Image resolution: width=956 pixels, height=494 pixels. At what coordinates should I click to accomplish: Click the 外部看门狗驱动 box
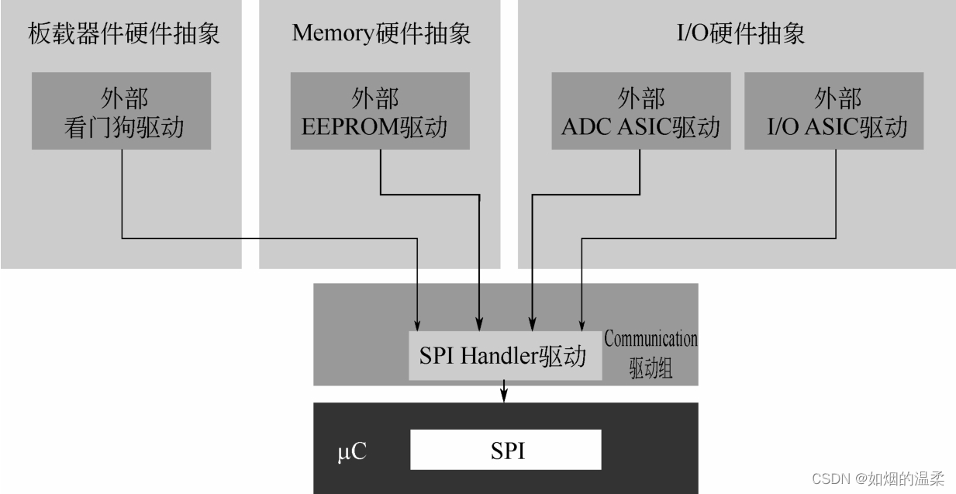coord(122,111)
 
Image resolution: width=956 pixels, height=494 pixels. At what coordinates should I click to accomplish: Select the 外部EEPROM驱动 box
coord(380,111)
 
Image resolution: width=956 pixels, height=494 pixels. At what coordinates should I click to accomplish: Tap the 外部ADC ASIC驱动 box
coord(640,111)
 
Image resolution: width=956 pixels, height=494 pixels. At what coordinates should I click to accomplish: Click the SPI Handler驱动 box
coord(505,356)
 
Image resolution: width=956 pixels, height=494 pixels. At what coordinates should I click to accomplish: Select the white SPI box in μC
coord(506,450)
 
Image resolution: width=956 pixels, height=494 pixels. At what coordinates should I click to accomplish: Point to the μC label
coord(351,451)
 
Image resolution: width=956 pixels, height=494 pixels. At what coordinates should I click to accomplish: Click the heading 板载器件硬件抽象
coord(124,33)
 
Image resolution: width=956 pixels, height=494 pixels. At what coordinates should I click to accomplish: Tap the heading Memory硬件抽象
coord(381,33)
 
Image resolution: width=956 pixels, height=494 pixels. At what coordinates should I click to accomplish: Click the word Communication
coord(651,339)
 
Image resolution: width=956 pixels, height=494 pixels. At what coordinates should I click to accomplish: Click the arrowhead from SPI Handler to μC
coord(505,396)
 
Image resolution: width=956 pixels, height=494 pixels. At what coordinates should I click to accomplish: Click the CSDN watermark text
coord(878,478)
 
